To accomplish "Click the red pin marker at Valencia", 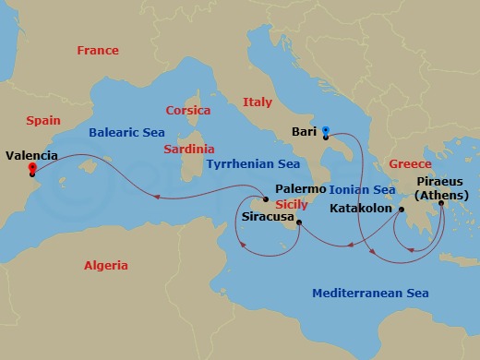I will pos(33,169).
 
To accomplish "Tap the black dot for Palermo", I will pos(266,199).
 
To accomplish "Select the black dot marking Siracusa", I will pos(299,222).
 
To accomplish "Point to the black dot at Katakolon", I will pos(402,210).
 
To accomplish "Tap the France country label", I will pos(97,51).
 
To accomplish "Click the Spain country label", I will pos(43,120).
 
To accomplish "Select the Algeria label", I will pos(106,265).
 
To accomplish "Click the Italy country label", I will pos(257,102).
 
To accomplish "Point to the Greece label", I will pos(410,163).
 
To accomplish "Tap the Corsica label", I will pos(187,110).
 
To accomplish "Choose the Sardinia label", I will pos(188,149).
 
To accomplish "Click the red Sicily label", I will pos(291,204).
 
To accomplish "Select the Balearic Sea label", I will pos(126,132).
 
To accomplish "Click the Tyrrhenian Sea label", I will pos(252,163).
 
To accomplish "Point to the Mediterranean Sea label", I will pos(370,293).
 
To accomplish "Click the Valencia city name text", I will pos(31,156).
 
